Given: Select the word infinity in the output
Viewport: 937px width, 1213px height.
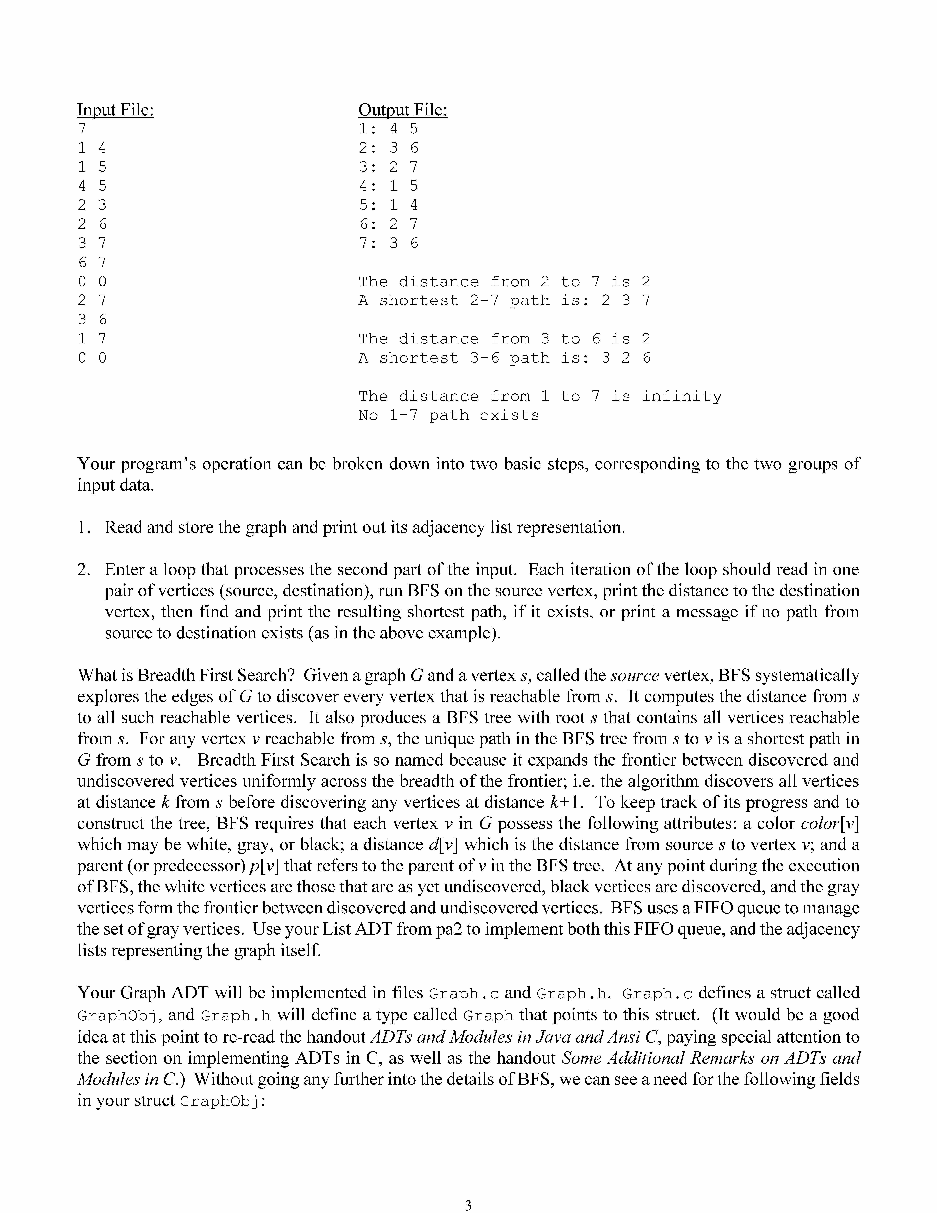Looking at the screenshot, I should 682,397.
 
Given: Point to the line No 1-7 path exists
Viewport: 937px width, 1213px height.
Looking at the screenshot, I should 448,415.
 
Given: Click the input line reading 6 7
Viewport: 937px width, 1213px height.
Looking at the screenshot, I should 92,262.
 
